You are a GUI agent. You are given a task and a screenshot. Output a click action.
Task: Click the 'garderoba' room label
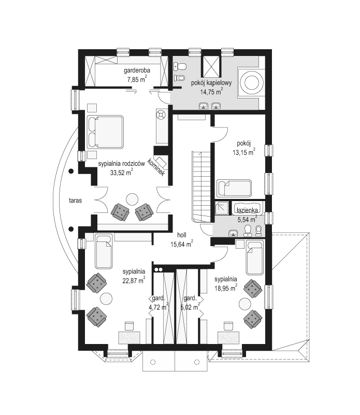point(137,70)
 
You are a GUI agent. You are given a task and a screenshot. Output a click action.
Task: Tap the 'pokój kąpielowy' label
point(211,83)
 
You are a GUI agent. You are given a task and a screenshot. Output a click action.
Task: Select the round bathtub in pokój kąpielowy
point(251,83)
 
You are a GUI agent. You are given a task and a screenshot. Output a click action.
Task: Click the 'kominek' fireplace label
point(156,167)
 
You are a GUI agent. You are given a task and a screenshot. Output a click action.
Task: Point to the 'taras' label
point(76,201)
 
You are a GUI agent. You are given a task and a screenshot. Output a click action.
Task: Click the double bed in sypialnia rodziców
point(105,132)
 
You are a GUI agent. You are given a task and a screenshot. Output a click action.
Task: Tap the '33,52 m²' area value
point(121,173)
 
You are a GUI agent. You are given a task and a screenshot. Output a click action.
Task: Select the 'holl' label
point(182,235)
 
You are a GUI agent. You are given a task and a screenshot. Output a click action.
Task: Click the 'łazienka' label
point(247,211)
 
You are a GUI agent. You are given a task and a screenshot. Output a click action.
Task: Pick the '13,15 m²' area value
point(244,152)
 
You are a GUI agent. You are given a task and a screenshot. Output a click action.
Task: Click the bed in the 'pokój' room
point(234,188)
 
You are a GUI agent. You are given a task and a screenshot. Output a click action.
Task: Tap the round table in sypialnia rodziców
point(132,199)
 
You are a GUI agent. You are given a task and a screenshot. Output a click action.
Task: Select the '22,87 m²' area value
point(134,280)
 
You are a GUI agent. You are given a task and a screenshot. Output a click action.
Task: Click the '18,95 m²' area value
point(225,288)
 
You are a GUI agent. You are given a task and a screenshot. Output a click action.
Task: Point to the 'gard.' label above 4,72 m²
point(159,298)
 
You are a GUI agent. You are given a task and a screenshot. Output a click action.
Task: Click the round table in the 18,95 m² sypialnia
point(245,304)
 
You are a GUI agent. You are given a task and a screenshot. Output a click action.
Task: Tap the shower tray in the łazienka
point(222,208)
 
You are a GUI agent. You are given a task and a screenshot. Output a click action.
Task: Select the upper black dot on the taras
point(71,171)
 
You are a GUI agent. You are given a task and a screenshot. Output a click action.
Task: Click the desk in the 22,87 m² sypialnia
point(129,338)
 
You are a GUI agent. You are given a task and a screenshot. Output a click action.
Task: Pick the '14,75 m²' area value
point(211,92)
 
